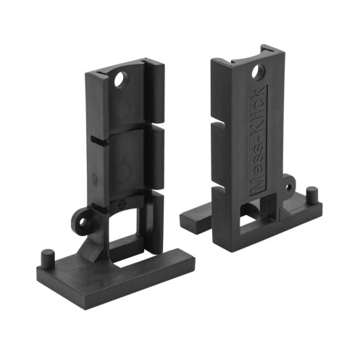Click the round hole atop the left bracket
[x=122, y=80]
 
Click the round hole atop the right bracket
[x=258, y=71]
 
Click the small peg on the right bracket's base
[x=312, y=195]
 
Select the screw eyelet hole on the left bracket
[x=83, y=222]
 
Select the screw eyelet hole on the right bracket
[x=288, y=187]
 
